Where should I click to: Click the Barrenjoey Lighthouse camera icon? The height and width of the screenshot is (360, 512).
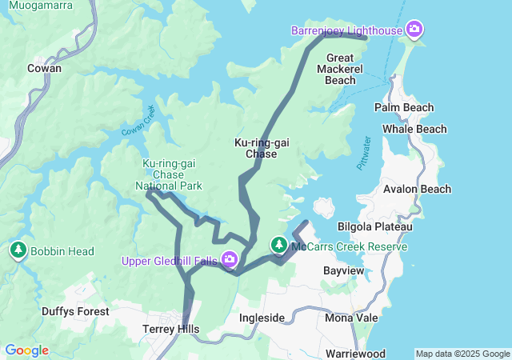pyautogui.click(x=414, y=30)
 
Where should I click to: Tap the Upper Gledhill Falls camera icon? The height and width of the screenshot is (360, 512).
pyautogui.click(x=230, y=259)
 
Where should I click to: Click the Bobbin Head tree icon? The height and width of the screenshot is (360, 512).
pyautogui.click(x=18, y=250)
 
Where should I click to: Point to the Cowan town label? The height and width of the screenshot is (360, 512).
pyautogui.click(x=44, y=69)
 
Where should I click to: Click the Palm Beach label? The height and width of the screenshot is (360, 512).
pyautogui.click(x=404, y=107)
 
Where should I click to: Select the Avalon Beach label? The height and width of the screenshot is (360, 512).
pyautogui.click(x=417, y=189)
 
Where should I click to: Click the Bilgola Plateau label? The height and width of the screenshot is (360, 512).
pyautogui.click(x=375, y=226)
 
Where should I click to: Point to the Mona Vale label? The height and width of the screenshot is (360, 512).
pyautogui.click(x=351, y=318)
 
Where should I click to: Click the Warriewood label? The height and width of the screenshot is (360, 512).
pyautogui.click(x=355, y=354)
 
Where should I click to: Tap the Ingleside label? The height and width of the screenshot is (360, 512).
pyautogui.click(x=262, y=318)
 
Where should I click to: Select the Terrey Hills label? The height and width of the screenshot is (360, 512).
pyautogui.click(x=170, y=329)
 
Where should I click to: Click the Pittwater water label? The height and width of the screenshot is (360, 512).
pyautogui.click(x=364, y=152)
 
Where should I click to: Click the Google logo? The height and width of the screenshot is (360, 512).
pyautogui.click(x=26, y=350)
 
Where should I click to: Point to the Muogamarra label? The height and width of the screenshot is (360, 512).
pyautogui.click(x=37, y=5)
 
